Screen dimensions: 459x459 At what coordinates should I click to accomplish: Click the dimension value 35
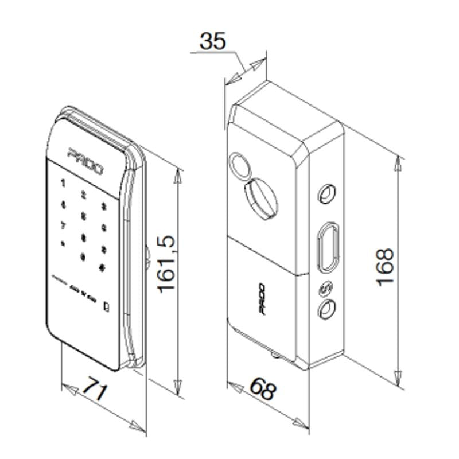click(x=213, y=41)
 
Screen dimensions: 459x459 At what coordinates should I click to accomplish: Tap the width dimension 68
click(x=263, y=390)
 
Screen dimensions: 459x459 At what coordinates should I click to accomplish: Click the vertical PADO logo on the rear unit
click(x=261, y=299)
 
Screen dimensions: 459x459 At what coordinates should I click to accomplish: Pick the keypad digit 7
click(x=63, y=225)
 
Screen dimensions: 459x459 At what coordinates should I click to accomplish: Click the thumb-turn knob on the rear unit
click(x=261, y=198)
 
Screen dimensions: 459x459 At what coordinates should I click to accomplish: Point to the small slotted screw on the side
click(x=325, y=289)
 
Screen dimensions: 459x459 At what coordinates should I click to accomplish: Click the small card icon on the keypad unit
click(x=107, y=306)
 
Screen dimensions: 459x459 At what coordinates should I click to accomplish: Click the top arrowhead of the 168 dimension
click(x=398, y=164)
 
